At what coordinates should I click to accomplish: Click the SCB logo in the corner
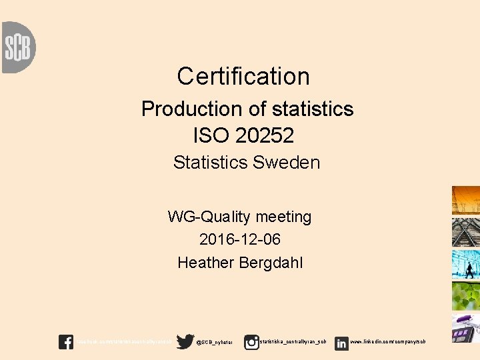click(x=18, y=47)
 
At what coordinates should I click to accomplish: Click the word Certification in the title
click(x=243, y=76)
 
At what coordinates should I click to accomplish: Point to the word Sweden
click(x=291, y=162)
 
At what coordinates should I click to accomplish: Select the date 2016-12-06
click(x=240, y=239)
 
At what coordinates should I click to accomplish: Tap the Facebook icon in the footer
click(x=66, y=342)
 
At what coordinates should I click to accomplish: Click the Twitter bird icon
click(x=185, y=342)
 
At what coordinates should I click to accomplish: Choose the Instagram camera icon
click(x=251, y=342)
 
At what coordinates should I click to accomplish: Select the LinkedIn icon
click(x=341, y=343)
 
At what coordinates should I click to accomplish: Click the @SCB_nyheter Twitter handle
click(x=215, y=343)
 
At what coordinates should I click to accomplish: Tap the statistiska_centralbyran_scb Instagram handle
click(x=293, y=342)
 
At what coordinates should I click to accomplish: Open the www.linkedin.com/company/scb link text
click(x=387, y=342)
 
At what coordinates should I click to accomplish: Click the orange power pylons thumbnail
click(x=466, y=201)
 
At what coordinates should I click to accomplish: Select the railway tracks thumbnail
click(x=466, y=233)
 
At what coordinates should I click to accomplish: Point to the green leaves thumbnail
click(x=466, y=296)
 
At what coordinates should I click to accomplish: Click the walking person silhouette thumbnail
click(x=466, y=265)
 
